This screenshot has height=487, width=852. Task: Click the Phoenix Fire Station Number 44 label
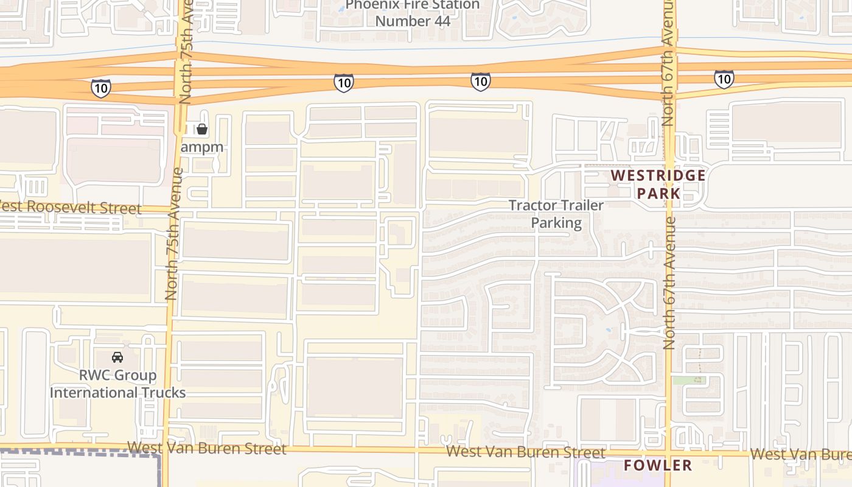point(413,13)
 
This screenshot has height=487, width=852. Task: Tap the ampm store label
point(202,147)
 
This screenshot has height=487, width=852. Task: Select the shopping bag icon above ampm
point(202,129)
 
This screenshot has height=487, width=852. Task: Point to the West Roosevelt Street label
point(71,207)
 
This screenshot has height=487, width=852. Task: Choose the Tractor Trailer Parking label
point(556,214)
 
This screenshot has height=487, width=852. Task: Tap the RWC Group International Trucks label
point(117,384)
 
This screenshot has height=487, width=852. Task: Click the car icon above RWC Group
point(117,357)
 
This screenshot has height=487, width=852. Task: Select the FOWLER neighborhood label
point(658,466)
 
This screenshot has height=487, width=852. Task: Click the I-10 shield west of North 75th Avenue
point(101,88)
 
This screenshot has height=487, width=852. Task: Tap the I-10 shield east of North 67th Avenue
point(724,79)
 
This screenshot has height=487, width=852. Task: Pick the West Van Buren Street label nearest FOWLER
point(526,452)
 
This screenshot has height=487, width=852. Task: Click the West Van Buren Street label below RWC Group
point(207,449)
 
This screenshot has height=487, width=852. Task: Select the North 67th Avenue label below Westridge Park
point(669,283)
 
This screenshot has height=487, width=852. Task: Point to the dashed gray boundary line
point(79,452)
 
